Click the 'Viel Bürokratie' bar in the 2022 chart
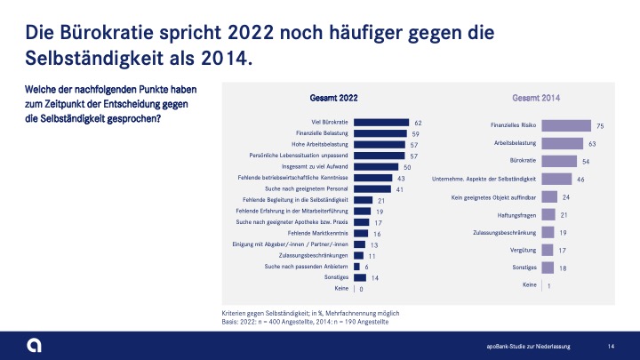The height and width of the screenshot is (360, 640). pyautogui.click(x=381, y=123)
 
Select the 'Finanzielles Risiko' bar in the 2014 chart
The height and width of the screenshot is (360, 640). pyautogui.click(x=566, y=126)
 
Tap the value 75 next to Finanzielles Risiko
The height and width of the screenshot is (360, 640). pyautogui.click(x=600, y=126)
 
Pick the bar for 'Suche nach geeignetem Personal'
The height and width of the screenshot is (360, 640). pyautogui.click(x=372, y=189)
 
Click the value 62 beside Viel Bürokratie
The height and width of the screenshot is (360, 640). pyautogui.click(x=417, y=123)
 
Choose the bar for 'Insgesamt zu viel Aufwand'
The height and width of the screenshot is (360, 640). pyautogui.click(x=377, y=167)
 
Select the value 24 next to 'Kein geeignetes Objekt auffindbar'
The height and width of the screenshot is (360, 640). pyautogui.click(x=566, y=196)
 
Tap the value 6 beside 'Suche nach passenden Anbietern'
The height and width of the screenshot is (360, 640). pyautogui.click(x=366, y=267)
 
